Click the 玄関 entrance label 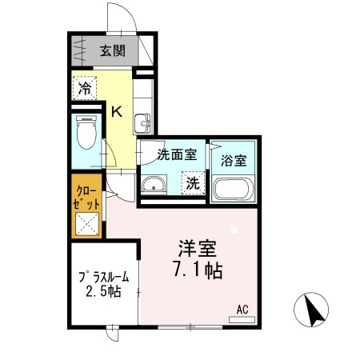pos(113,52)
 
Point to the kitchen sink pos(143,122)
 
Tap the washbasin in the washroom pos(153,186)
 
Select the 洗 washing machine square pos(193,182)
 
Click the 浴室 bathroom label pos(234,158)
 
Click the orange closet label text pos(86,197)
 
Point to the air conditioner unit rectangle pos(242,318)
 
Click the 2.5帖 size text pos(102,292)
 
